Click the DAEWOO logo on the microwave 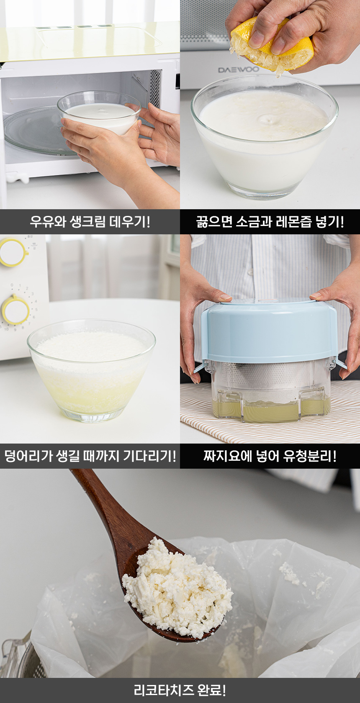(x=239, y=69)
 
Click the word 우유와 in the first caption (x=47, y=222)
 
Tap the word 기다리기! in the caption (x=149, y=456)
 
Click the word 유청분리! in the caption (x=310, y=456)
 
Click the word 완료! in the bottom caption (x=211, y=690)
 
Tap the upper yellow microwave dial (x=13, y=252)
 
